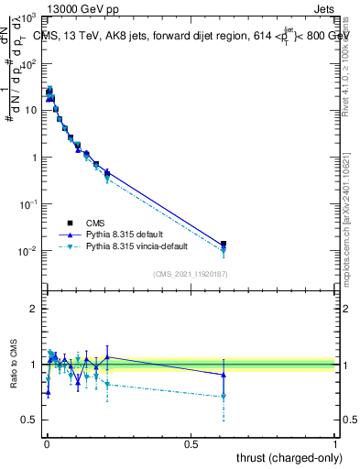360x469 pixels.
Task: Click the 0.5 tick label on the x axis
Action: [191, 442]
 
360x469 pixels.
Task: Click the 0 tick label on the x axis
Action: [46, 442]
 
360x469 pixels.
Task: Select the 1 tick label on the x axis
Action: [335, 442]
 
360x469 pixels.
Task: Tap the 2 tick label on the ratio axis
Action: [34, 309]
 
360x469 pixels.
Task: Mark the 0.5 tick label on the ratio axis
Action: [30, 420]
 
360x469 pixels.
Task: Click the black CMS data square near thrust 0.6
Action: [223, 244]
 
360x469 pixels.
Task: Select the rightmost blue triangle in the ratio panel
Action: [223, 375]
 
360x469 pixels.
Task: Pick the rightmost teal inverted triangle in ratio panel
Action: [223, 397]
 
